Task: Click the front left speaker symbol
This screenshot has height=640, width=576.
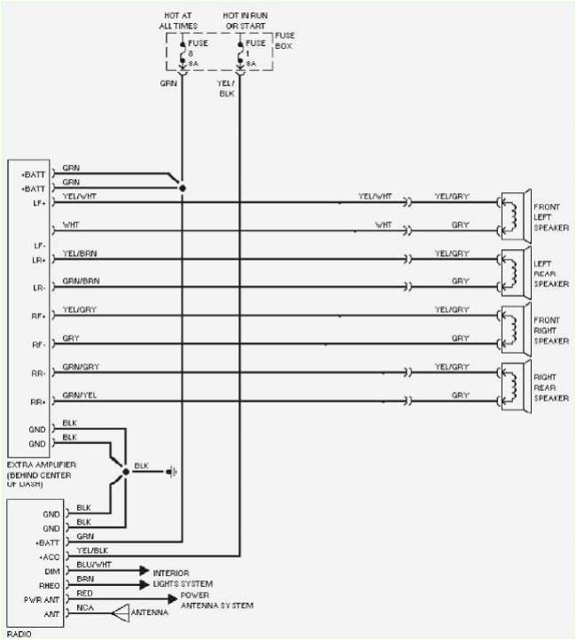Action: coord(514,215)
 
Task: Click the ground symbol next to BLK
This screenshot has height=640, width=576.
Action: coord(171,472)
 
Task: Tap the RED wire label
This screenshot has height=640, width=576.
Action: coord(85,593)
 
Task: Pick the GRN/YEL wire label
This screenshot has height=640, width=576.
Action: coord(79,395)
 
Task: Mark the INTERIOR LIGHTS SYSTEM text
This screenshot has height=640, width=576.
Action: coord(183,579)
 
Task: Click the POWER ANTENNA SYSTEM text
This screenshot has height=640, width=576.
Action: coord(216,600)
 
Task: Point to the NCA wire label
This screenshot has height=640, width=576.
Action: coord(85,607)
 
